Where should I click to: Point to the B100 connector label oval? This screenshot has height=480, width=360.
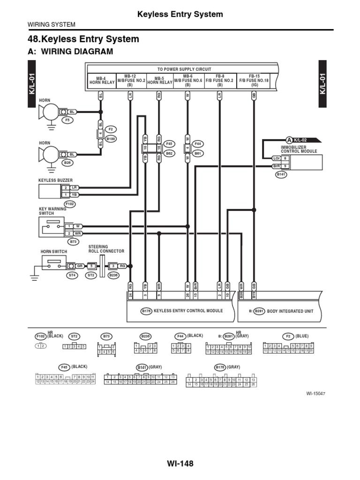[111, 139]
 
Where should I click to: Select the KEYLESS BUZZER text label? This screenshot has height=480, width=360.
[55, 180]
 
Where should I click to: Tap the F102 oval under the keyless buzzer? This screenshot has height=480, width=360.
[69, 204]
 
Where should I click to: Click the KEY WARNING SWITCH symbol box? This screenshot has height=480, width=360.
[51, 226]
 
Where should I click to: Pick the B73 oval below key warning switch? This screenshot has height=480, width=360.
[73, 241]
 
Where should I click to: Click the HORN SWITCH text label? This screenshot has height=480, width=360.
[54, 252]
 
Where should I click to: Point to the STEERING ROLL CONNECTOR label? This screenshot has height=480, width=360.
[106, 249]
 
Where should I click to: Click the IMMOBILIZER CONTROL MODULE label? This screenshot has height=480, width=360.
[299, 150]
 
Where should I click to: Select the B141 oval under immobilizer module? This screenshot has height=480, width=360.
[281, 174]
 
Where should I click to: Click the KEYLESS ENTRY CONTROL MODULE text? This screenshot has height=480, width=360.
[188, 311]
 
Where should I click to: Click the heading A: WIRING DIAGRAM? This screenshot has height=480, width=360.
[71, 52]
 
